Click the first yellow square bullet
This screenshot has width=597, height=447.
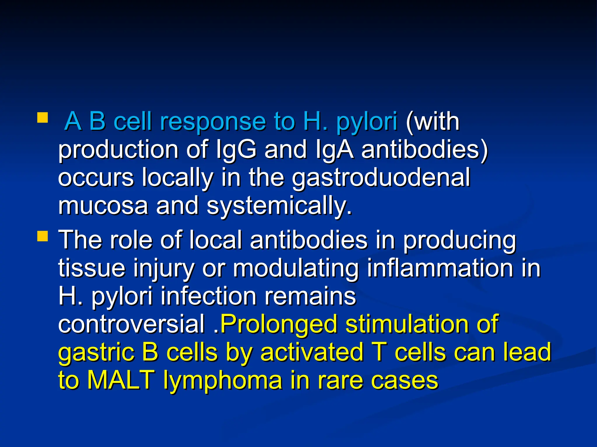(x=43, y=118)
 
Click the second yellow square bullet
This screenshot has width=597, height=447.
(x=43, y=236)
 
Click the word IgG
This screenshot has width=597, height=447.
(x=236, y=149)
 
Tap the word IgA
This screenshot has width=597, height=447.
(x=334, y=149)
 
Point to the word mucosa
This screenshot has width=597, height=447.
(x=103, y=205)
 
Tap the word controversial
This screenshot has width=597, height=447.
(x=131, y=324)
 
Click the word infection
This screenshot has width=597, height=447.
(x=208, y=296)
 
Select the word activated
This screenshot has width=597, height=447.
(x=312, y=352)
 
